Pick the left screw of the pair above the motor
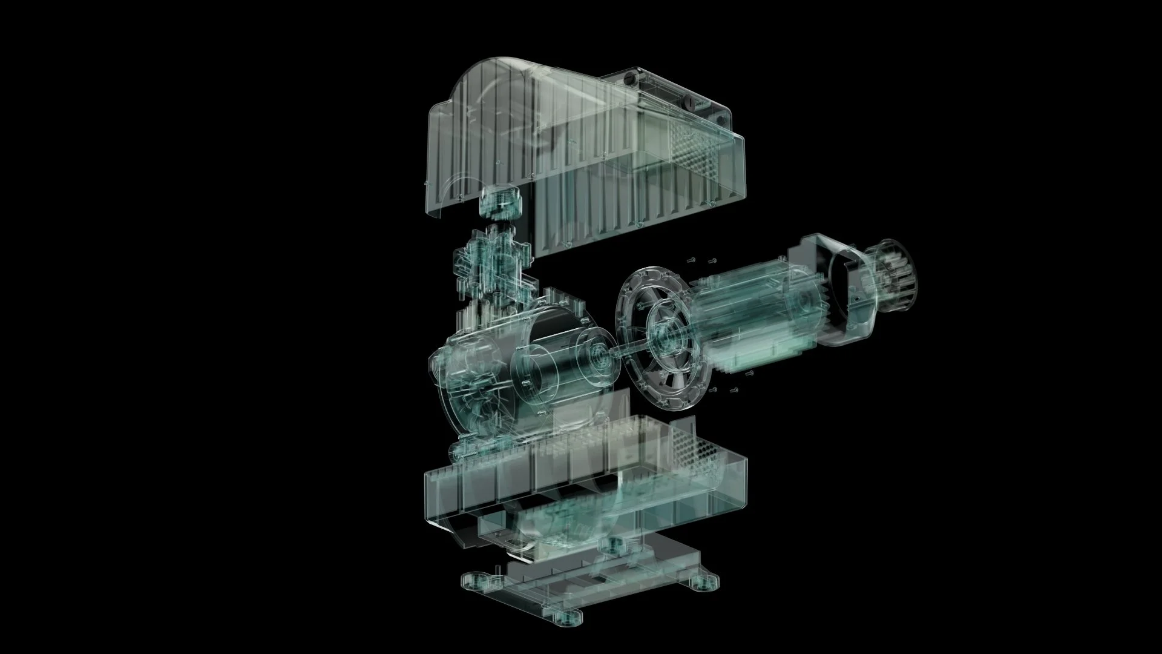point(691,261)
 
